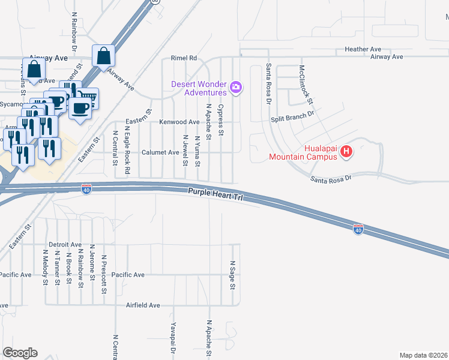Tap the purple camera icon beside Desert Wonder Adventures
[236, 88]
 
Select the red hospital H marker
[346, 152]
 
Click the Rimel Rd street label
[184, 58]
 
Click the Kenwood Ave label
[179, 122]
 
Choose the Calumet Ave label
[160, 152]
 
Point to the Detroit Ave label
[65, 245]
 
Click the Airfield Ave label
[143, 305]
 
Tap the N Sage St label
[232, 275]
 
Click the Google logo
[20, 353]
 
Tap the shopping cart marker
[88, 97]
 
